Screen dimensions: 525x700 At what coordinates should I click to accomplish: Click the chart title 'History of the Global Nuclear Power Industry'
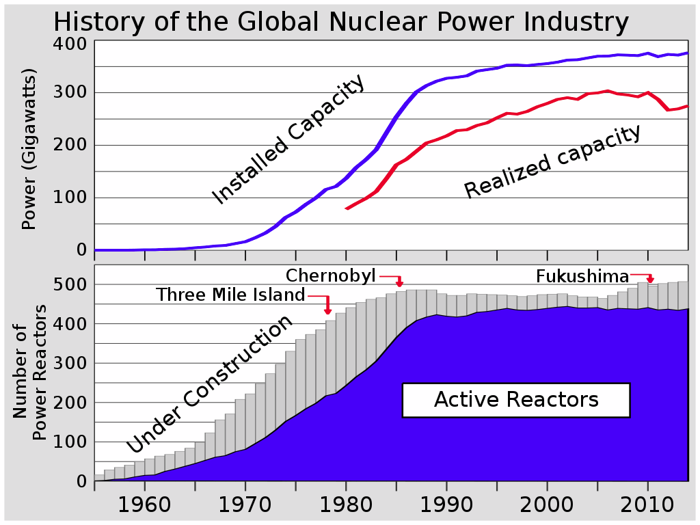[340, 22]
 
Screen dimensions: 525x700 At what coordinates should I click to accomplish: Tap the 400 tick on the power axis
[71, 44]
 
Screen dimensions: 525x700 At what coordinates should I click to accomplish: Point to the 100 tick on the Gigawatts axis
[71, 198]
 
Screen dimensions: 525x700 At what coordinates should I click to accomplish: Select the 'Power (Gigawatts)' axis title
[29, 149]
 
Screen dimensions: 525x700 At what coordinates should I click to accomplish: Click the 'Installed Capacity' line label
[289, 140]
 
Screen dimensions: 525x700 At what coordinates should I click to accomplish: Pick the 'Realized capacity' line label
[553, 161]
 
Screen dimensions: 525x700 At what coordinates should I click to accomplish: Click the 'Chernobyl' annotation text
[331, 275]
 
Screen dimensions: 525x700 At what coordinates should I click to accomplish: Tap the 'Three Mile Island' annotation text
[230, 295]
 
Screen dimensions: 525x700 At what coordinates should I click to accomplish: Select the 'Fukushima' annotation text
[582, 276]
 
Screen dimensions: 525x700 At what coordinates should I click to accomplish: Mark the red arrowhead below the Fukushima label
[650, 280]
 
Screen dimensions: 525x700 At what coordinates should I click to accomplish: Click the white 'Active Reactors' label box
[516, 399]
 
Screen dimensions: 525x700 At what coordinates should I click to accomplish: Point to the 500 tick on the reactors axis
[71, 284]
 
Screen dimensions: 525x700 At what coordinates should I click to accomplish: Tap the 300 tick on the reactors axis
[71, 363]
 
